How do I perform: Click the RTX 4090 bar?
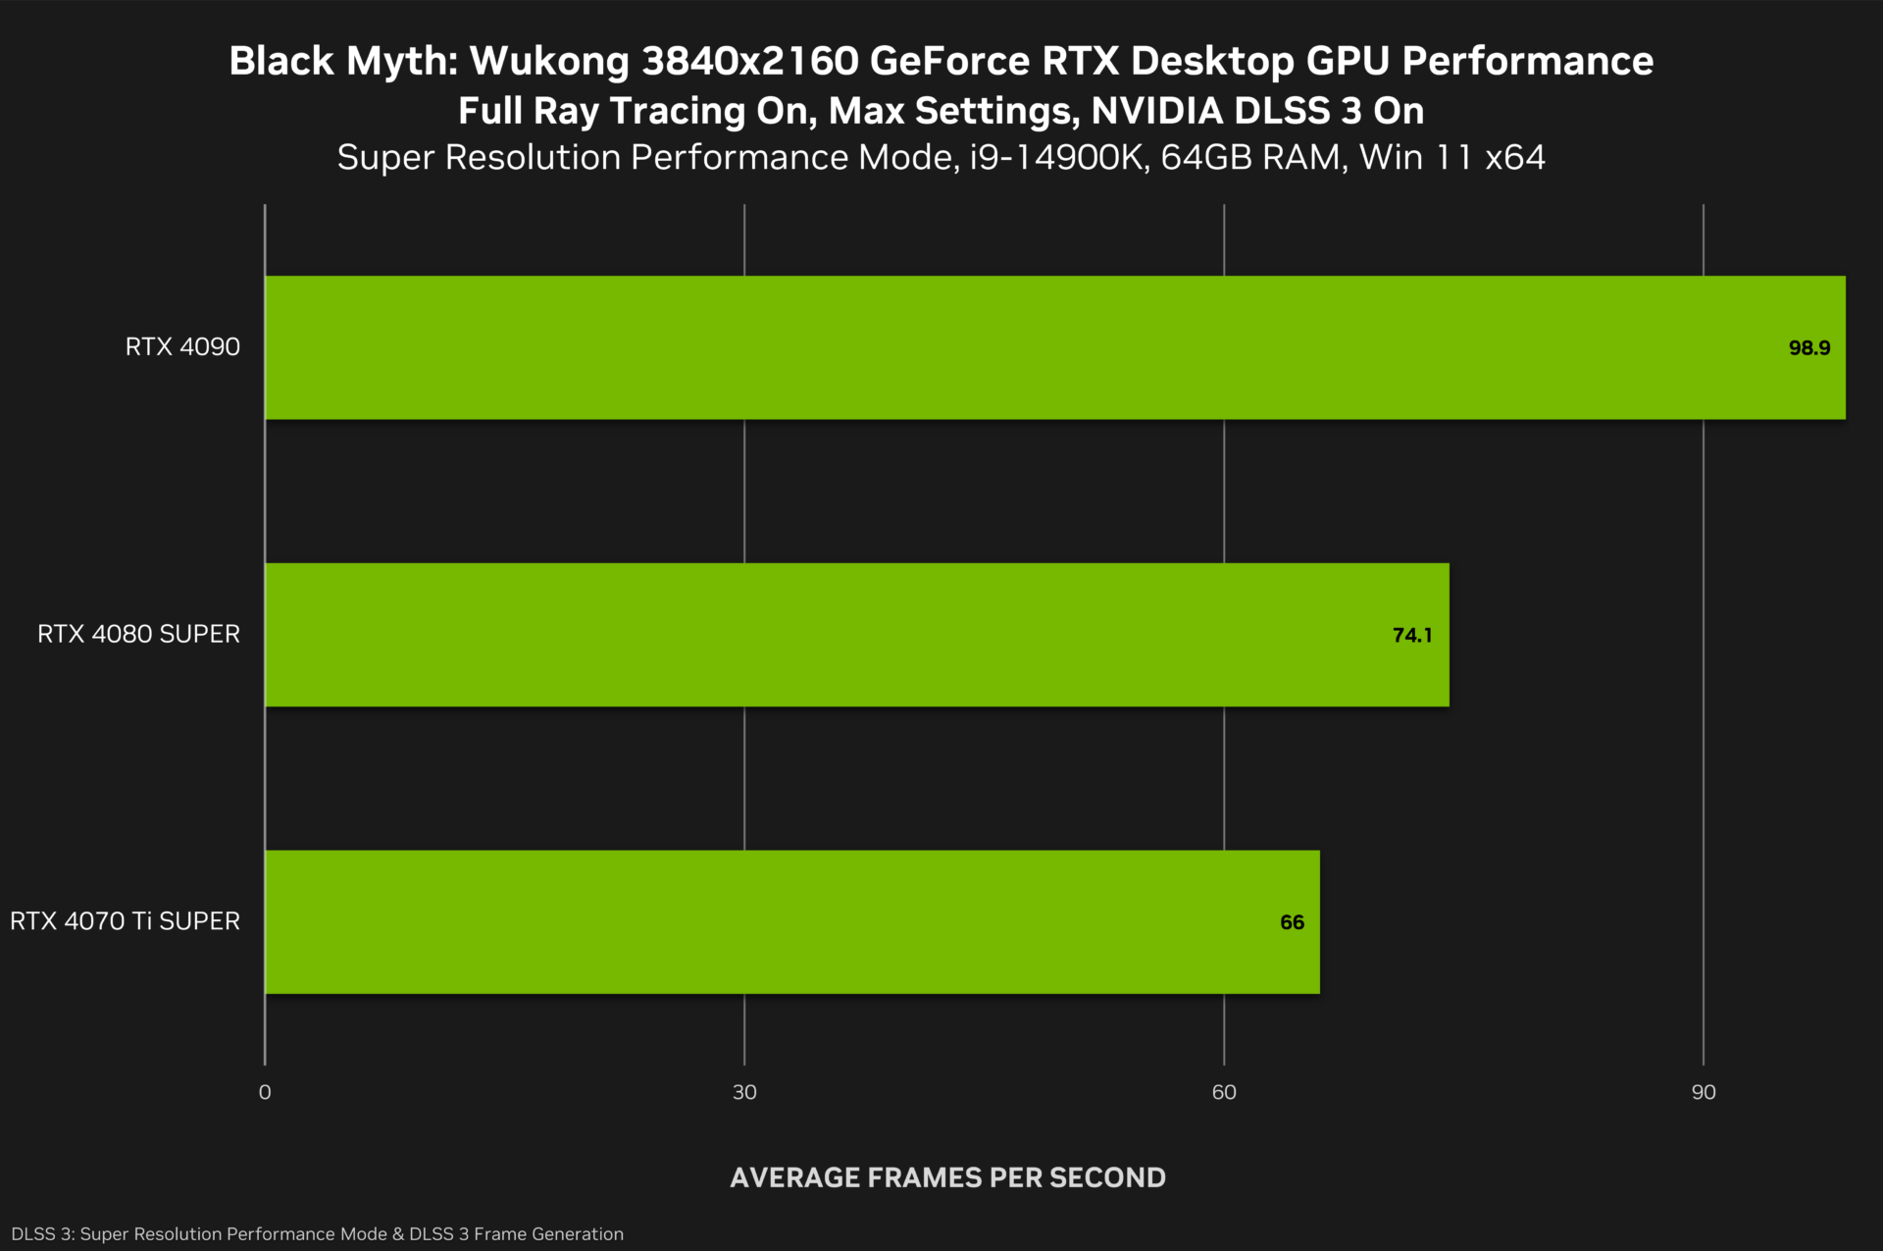(x=1054, y=347)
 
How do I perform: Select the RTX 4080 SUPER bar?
(x=856, y=635)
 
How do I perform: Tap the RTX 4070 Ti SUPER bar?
(x=791, y=922)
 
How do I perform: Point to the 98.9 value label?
(x=1808, y=348)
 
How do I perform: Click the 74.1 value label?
(x=1411, y=636)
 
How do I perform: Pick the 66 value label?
(x=1292, y=922)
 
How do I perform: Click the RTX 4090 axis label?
(x=182, y=347)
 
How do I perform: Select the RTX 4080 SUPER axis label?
(x=138, y=635)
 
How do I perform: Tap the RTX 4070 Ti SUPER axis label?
(x=125, y=922)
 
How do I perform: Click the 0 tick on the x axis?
(x=265, y=1093)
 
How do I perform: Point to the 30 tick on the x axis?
(x=744, y=1093)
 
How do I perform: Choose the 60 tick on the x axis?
(x=1223, y=1093)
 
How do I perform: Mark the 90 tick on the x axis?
(x=1703, y=1093)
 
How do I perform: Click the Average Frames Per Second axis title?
(x=947, y=1177)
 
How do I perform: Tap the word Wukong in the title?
(x=549, y=62)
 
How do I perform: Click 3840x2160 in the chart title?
(x=750, y=62)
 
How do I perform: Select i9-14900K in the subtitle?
(x=1058, y=158)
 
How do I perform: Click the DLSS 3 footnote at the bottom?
(x=317, y=1234)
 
